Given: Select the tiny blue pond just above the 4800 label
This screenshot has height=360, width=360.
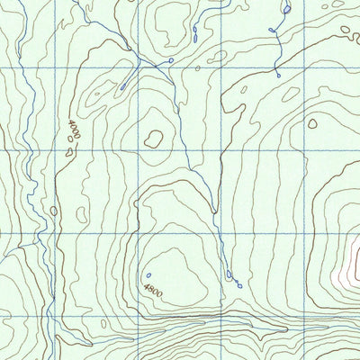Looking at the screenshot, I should point(148,275).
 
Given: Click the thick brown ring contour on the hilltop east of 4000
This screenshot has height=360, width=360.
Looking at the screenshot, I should point(155,138).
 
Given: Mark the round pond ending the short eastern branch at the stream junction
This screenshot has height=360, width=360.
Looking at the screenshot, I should point(171,60).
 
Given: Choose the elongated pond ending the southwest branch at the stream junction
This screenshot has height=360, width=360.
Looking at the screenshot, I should point(121,87).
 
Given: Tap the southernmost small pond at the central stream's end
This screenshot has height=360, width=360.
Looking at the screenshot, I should point(240,284).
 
